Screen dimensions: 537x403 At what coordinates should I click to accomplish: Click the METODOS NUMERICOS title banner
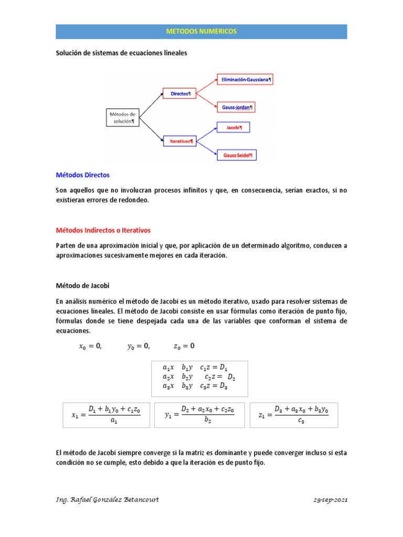pyautogui.click(x=201, y=31)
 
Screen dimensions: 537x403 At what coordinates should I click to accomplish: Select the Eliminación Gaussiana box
pyautogui.click(x=246, y=80)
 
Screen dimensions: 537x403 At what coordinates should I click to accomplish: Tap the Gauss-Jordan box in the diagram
pyautogui.click(x=237, y=107)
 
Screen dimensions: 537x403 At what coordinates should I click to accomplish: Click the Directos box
pyautogui.click(x=180, y=94)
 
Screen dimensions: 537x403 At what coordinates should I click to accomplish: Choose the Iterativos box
pyautogui.click(x=181, y=141)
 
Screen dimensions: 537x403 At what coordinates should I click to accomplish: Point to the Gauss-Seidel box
pyautogui.click(x=237, y=155)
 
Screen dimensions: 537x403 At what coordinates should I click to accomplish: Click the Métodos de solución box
pyautogui.click(x=122, y=117)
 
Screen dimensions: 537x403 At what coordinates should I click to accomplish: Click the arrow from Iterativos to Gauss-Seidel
pyautogui.click(x=206, y=148)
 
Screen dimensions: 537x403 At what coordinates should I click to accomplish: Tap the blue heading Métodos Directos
pyautogui.click(x=83, y=175)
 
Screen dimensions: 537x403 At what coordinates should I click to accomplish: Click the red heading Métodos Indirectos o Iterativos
pyautogui.click(x=103, y=230)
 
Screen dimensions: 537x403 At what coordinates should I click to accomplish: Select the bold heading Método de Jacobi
pyautogui.click(x=83, y=285)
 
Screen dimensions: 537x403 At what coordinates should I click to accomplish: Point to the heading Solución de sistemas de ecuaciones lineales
pyautogui.click(x=121, y=53)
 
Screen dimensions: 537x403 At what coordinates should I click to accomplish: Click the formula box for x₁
pyautogui.click(x=107, y=415)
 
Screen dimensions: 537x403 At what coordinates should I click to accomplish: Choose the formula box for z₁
pyautogui.click(x=294, y=415)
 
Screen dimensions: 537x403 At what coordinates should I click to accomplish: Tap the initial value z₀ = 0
pyautogui.click(x=184, y=346)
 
